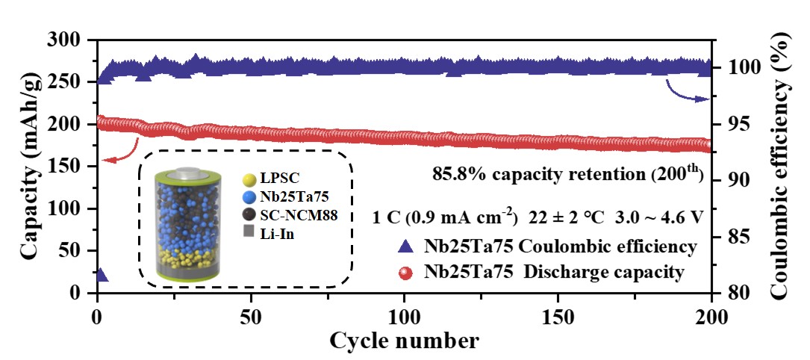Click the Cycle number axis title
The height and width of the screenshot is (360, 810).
[404, 341]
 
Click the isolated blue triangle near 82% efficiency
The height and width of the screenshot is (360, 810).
[101, 275]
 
